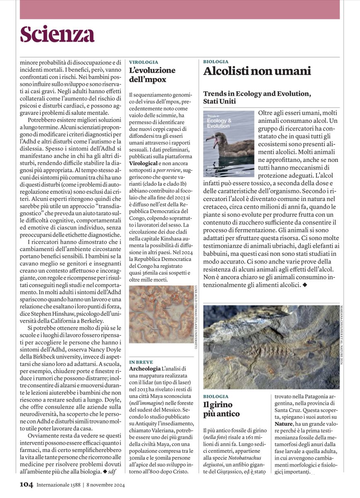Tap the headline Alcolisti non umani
point(257,71)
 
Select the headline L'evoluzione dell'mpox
point(152,75)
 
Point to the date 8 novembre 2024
point(105,485)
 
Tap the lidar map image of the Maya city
point(161,314)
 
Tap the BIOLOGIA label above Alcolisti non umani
point(216,61)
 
